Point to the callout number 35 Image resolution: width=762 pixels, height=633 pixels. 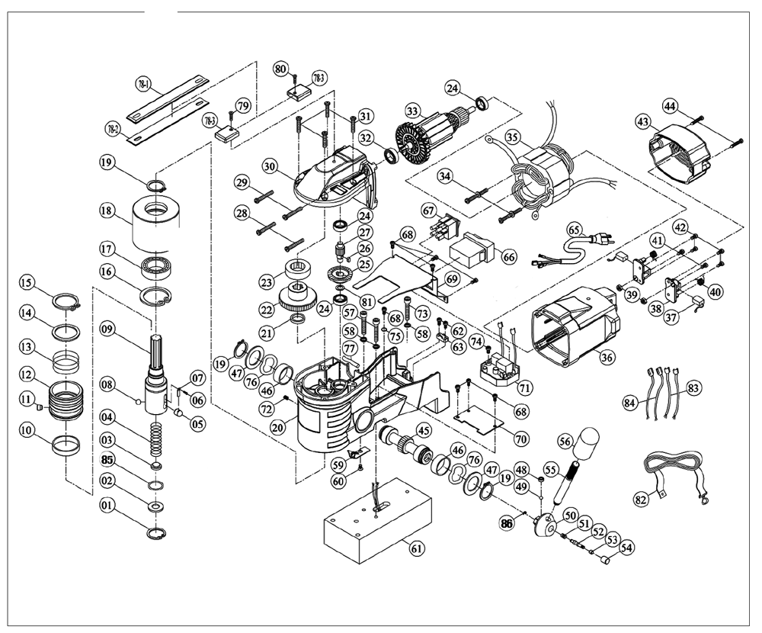point(512,139)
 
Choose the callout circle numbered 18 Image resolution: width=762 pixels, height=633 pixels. point(107,210)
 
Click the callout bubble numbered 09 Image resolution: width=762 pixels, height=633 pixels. point(107,329)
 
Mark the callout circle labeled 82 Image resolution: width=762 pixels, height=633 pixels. point(641,500)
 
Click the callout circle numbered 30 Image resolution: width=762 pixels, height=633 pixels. point(269,165)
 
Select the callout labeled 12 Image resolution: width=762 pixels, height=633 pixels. point(27,375)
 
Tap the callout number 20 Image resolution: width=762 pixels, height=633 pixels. point(277,428)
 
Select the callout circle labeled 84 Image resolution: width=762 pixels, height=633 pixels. point(629,402)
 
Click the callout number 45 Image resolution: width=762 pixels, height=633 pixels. point(423,429)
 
